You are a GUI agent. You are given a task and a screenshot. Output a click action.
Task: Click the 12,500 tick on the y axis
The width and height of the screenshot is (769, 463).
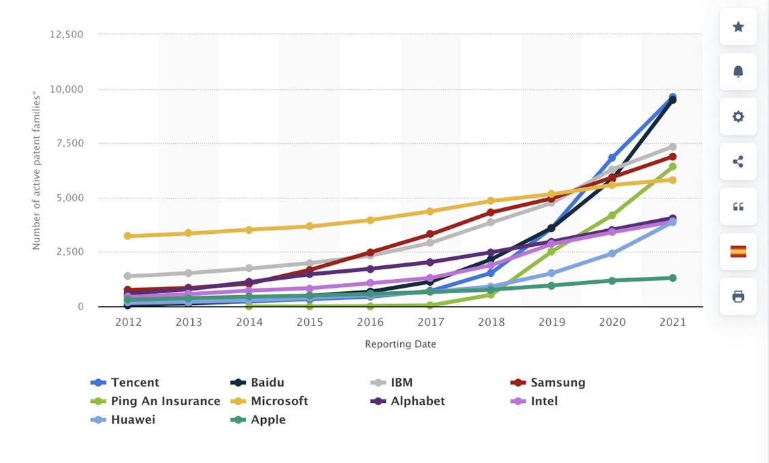[x=67, y=34]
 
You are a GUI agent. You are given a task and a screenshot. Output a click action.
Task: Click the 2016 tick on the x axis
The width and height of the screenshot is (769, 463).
[x=370, y=322]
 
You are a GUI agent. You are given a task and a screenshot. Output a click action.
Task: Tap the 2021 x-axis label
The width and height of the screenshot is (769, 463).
[x=672, y=322]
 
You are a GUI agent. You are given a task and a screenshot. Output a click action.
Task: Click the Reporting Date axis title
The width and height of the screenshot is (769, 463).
[x=400, y=344]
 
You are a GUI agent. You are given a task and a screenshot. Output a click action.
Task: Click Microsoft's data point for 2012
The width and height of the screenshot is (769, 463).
[x=128, y=236]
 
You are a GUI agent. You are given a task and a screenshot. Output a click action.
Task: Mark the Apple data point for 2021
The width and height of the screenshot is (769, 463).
[x=672, y=278]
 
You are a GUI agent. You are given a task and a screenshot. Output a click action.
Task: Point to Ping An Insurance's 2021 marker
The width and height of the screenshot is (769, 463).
[x=672, y=166]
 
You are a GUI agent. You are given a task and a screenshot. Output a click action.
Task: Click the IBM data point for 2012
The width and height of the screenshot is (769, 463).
[x=128, y=276]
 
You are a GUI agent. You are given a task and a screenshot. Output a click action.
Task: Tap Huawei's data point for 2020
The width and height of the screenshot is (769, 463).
[x=612, y=253]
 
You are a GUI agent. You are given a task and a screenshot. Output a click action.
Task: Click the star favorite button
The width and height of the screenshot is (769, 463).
[x=738, y=27]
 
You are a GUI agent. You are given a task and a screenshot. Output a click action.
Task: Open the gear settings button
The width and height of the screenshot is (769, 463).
[x=738, y=117]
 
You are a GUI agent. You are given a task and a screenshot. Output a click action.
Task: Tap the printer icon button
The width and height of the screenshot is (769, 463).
[x=738, y=297]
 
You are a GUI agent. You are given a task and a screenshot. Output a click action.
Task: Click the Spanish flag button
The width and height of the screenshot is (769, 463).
[x=738, y=252]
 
